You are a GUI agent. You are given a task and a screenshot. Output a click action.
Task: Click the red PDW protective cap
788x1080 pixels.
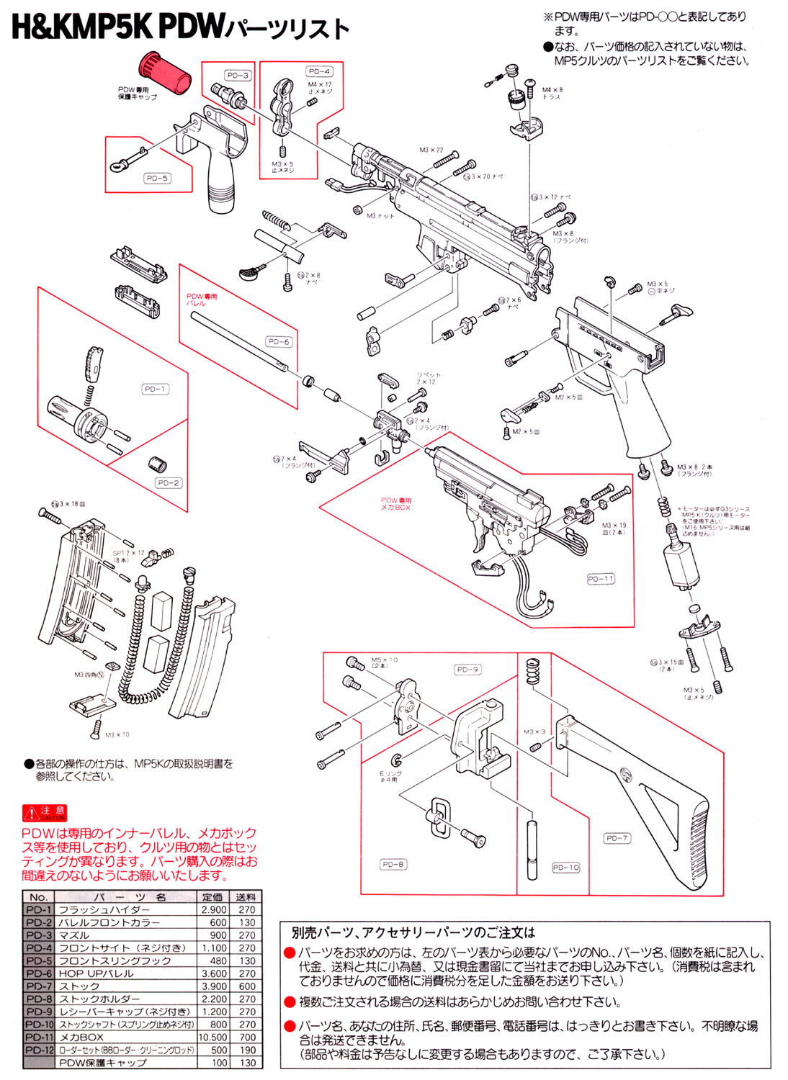[x=166, y=73]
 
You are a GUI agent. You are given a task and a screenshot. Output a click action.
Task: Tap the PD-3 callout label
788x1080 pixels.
[x=238, y=76]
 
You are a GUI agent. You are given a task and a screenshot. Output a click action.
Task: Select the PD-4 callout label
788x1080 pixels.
[x=319, y=71]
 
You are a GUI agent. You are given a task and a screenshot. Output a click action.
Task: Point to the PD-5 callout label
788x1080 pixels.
[x=158, y=178]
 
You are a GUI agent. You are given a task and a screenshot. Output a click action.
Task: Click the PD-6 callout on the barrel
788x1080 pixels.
[x=278, y=341]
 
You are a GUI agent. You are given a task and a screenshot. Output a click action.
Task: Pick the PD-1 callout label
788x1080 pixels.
[x=155, y=389]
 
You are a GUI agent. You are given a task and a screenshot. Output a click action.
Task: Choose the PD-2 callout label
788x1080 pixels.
[x=169, y=483]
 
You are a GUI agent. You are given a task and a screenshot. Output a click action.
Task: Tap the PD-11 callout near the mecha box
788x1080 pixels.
[x=601, y=578]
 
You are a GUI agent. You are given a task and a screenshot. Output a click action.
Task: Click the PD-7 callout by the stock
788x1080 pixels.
[x=617, y=838]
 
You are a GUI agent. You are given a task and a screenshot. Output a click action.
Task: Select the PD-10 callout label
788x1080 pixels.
[x=565, y=868]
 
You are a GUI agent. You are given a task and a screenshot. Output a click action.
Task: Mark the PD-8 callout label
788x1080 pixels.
[x=393, y=864]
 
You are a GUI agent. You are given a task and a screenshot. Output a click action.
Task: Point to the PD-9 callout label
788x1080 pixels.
[x=467, y=670]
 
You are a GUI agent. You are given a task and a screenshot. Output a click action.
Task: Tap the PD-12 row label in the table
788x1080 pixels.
[x=39, y=1050]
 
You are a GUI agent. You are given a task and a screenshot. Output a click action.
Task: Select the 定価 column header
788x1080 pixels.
[x=212, y=897]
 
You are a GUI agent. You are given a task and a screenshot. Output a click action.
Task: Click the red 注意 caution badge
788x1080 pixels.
[x=45, y=813]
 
